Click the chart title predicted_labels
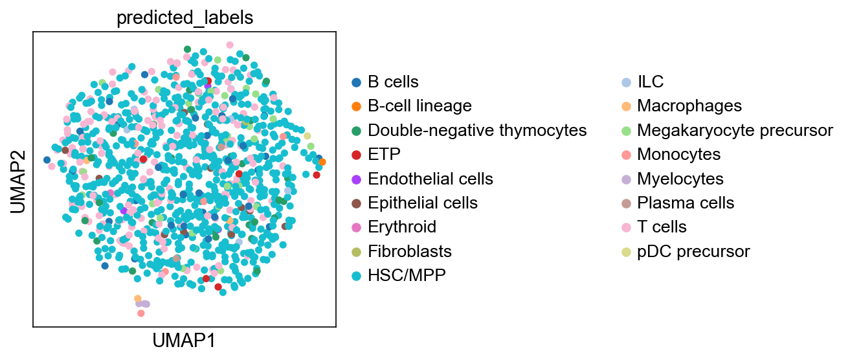click(185, 17)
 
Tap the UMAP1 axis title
click(184, 341)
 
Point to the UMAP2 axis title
click(18, 182)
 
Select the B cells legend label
click(393, 82)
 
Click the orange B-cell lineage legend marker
click(356, 107)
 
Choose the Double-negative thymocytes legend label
click(477, 131)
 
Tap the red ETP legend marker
click(356, 155)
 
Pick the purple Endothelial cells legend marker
click(356, 179)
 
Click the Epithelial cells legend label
click(423, 203)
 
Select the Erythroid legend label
click(402, 227)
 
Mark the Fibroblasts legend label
click(410, 251)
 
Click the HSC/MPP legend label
click(407, 275)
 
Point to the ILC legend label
click(651, 82)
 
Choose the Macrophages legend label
click(689, 106)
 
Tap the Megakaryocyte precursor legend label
click(735, 131)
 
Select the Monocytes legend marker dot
click(627, 155)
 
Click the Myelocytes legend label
click(680, 179)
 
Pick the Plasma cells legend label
click(686, 203)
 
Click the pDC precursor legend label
click(694, 251)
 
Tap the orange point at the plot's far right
click(322, 162)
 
